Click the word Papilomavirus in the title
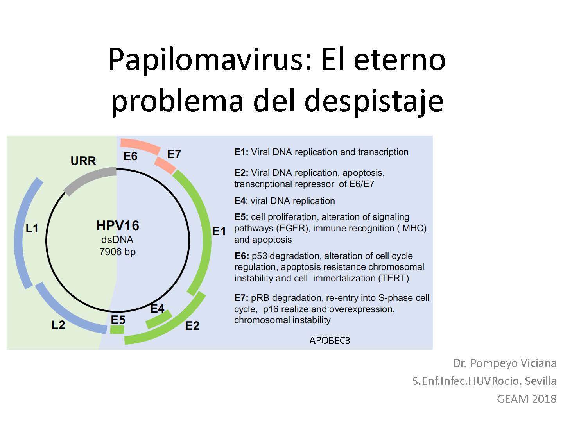point(210,60)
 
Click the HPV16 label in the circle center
point(118,225)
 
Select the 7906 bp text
point(117,252)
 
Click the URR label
point(83,161)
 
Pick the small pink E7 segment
point(165,166)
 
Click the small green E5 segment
point(117,329)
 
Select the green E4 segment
point(159,319)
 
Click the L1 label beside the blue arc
point(32,229)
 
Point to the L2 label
point(58,325)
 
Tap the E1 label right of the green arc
point(219,231)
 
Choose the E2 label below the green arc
point(192,326)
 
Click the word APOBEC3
point(330,340)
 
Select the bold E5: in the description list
point(241,217)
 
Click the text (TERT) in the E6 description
point(393,278)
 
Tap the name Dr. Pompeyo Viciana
point(505,363)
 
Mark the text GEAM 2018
point(527,399)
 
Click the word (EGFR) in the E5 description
point(292,228)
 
